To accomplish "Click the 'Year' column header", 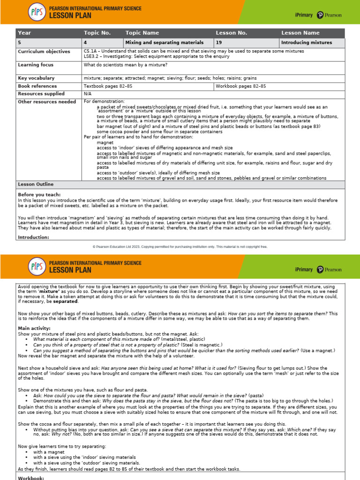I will (24, 33).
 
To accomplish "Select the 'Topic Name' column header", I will (142, 33).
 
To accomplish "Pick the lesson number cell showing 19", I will (219, 43).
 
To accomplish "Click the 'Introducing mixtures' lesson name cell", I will (307, 43).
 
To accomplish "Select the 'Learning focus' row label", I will (36, 65).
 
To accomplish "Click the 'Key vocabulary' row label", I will (36, 78).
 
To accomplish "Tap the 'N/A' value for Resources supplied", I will (88, 94).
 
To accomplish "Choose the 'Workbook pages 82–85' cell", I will (241, 86).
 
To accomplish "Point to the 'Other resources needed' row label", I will (47, 101).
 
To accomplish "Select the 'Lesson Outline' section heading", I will (36, 185).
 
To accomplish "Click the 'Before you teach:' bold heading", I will (39, 195).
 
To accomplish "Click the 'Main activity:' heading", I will (34, 328).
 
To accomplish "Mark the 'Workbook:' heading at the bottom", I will (31, 478).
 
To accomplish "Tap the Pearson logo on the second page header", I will (329, 270).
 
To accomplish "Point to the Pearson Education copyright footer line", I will (180, 246).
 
